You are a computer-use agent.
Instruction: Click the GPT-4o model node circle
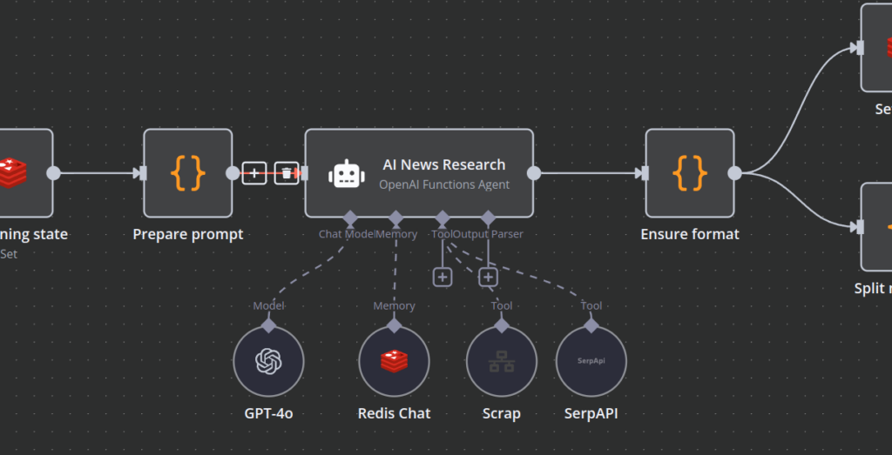point(268,362)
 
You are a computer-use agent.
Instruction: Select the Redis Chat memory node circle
point(395,362)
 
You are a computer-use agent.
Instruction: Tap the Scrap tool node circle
point(501,362)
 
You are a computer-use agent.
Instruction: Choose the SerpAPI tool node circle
point(591,362)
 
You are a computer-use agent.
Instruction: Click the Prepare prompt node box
point(188,173)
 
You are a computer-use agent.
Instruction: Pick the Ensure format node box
point(690,173)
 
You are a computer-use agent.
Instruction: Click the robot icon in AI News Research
point(346,173)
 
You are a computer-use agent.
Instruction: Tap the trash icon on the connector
point(287,173)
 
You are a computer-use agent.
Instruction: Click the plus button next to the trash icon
point(253,173)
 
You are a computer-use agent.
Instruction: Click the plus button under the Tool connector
point(443,277)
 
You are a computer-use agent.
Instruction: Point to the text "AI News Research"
point(443,164)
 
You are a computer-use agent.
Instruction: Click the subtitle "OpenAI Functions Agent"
point(444,184)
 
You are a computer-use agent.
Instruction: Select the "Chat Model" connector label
point(346,234)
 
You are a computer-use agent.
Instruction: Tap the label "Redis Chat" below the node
point(395,413)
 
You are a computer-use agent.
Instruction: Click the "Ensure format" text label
point(690,234)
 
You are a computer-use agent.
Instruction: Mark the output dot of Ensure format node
point(734,173)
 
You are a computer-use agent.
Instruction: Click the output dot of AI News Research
point(534,173)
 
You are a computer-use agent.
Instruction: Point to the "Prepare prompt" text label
point(188,234)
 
